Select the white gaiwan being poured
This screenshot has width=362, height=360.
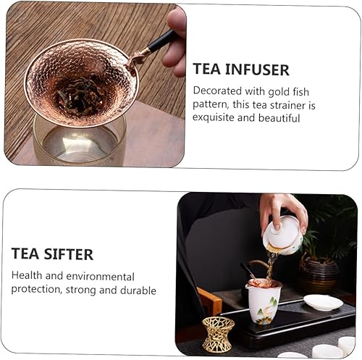(x=282, y=235)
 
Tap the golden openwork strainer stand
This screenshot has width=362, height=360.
(x=217, y=333)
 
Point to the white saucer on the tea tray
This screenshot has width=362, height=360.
(x=323, y=302)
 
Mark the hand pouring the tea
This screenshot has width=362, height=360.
(x=283, y=207)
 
